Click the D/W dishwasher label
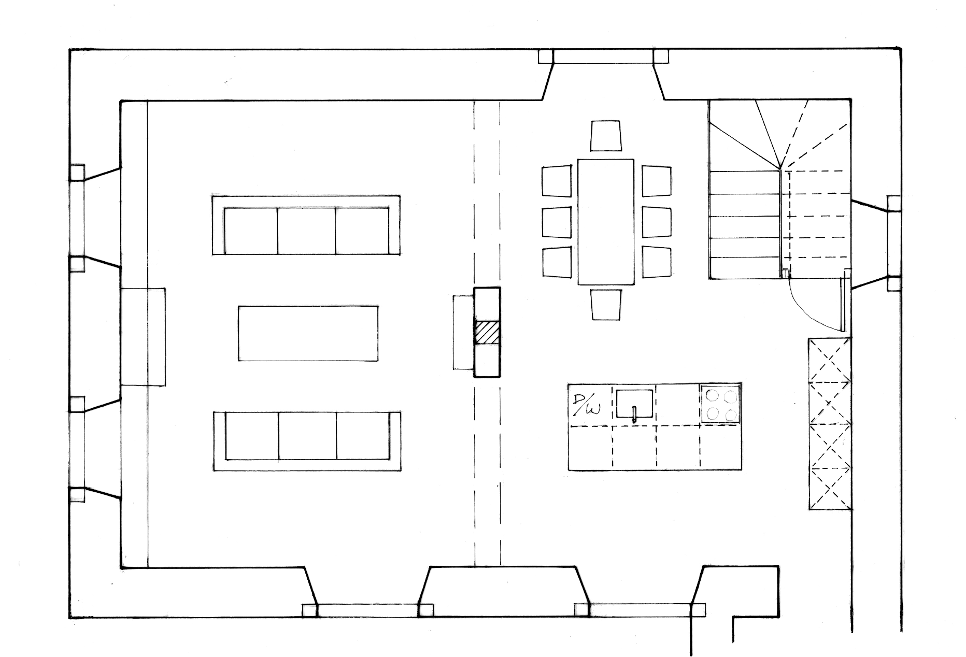(x=587, y=405)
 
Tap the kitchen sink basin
(x=634, y=403)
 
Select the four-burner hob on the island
(x=720, y=404)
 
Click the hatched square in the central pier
(x=487, y=332)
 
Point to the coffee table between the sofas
(x=308, y=333)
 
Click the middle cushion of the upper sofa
(x=306, y=231)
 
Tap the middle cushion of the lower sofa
(x=307, y=436)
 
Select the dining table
(x=606, y=222)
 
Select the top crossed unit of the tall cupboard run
(x=829, y=360)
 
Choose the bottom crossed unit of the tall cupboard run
(x=829, y=488)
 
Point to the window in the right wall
(x=894, y=243)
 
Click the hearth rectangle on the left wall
(x=143, y=337)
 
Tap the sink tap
(x=634, y=415)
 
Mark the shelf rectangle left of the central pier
(x=464, y=332)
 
